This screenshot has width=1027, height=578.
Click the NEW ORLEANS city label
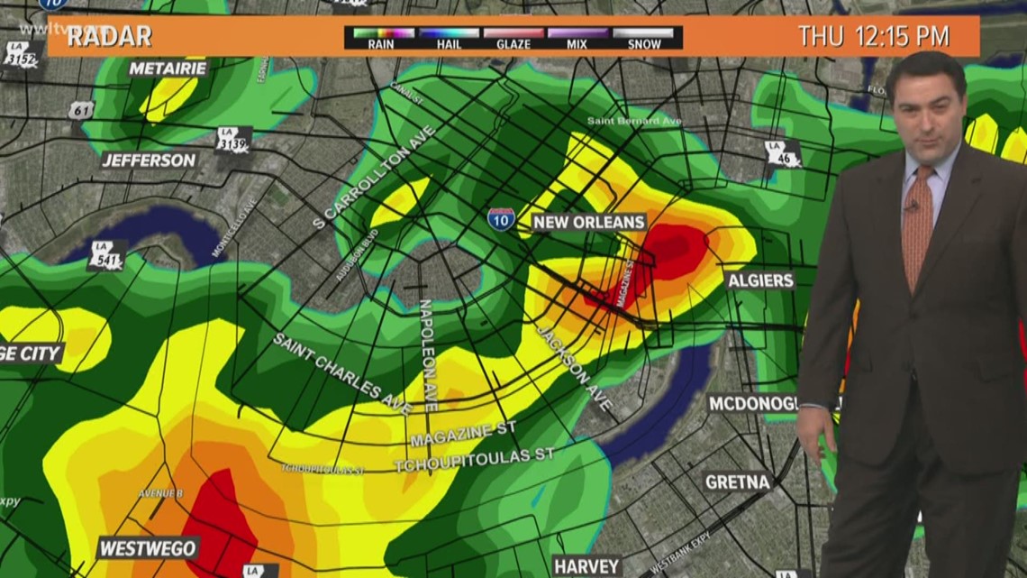pos(588,222)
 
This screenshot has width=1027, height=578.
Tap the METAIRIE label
pos(168,69)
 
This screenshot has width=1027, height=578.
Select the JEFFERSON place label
pos(149,161)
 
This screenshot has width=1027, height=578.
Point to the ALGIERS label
pos(760,280)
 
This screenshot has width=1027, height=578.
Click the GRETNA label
pos(737,482)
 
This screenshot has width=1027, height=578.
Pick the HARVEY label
pos(586,566)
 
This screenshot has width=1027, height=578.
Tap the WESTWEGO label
pos(148,548)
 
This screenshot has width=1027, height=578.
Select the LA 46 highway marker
pos(782,154)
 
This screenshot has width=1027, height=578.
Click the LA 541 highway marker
pos(106,255)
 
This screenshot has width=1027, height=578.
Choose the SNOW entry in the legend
pos(643,38)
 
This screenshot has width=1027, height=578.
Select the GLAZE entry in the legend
pos(513,38)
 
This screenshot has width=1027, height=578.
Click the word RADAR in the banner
pos(109,37)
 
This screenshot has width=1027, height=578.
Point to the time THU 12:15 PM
pos(873,37)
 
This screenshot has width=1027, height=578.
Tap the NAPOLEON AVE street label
pos(427,355)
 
